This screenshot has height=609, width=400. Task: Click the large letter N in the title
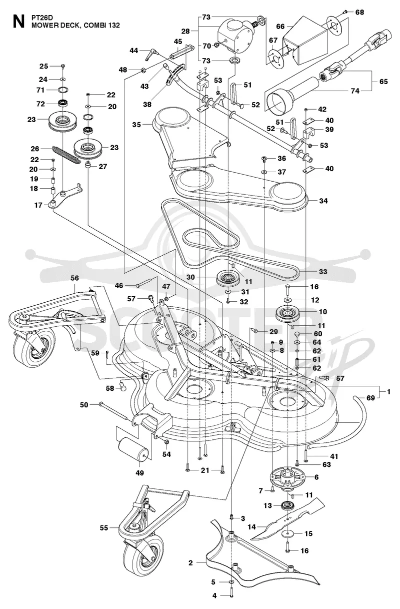(18, 22)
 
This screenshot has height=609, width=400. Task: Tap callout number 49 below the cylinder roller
(139, 473)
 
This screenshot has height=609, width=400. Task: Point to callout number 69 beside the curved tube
(370, 398)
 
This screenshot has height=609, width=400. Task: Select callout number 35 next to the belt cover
(136, 125)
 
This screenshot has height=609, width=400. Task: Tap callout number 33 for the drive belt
(323, 271)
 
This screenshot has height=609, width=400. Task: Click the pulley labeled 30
(227, 278)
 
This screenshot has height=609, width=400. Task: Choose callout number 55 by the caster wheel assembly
(104, 528)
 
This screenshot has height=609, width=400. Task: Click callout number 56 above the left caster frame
(74, 278)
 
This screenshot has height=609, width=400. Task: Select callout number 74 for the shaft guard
(355, 91)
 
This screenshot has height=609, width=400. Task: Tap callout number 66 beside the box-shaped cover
(280, 27)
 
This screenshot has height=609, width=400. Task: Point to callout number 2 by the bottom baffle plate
(190, 562)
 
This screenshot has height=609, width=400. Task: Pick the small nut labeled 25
(63, 66)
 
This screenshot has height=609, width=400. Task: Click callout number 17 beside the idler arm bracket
(38, 205)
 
